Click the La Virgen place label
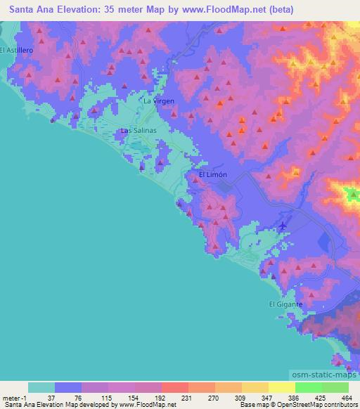click(158, 101)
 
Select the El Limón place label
click(212, 174)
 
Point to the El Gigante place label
click(285, 304)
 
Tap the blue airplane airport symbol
click(283, 226)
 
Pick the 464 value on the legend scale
click(346, 397)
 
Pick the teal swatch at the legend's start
click(41, 387)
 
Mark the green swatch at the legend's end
click(335, 387)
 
